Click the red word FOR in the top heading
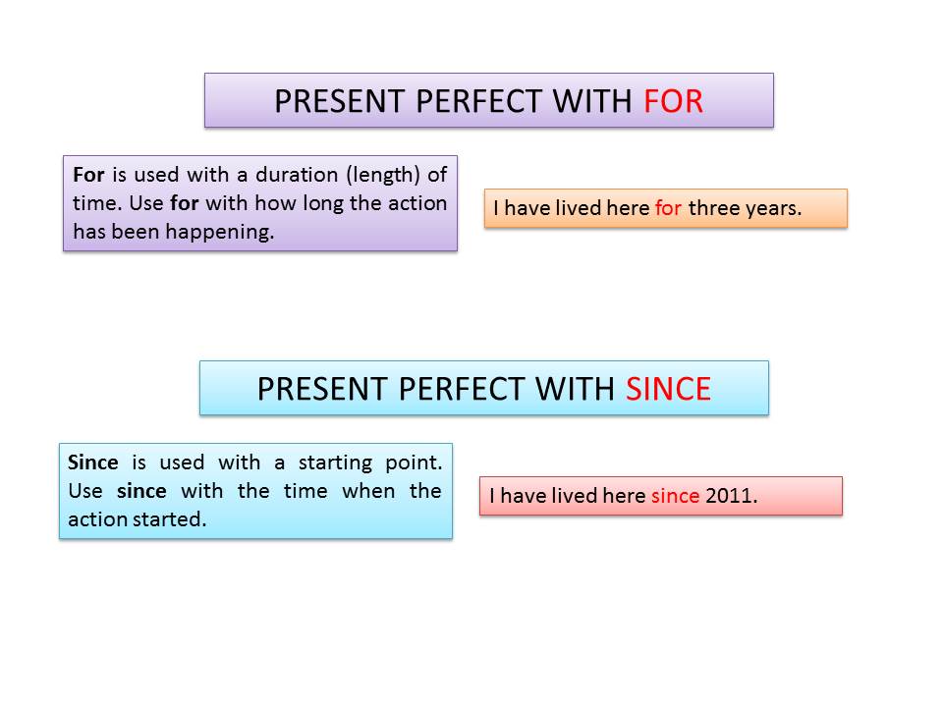coord(673,101)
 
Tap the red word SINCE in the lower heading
coord(668,389)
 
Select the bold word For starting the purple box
coord(88,175)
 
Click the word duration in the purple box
coord(297,175)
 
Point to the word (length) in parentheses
coord(382,175)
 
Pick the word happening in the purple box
coord(219,232)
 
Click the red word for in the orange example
coord(668,208)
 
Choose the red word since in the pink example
coord(676,496)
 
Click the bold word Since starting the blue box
coord(92,462)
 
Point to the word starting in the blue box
coord(335,462)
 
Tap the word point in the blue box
coord(414,462)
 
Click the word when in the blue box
coord(368,491)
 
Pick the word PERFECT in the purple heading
coord(479,101)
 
